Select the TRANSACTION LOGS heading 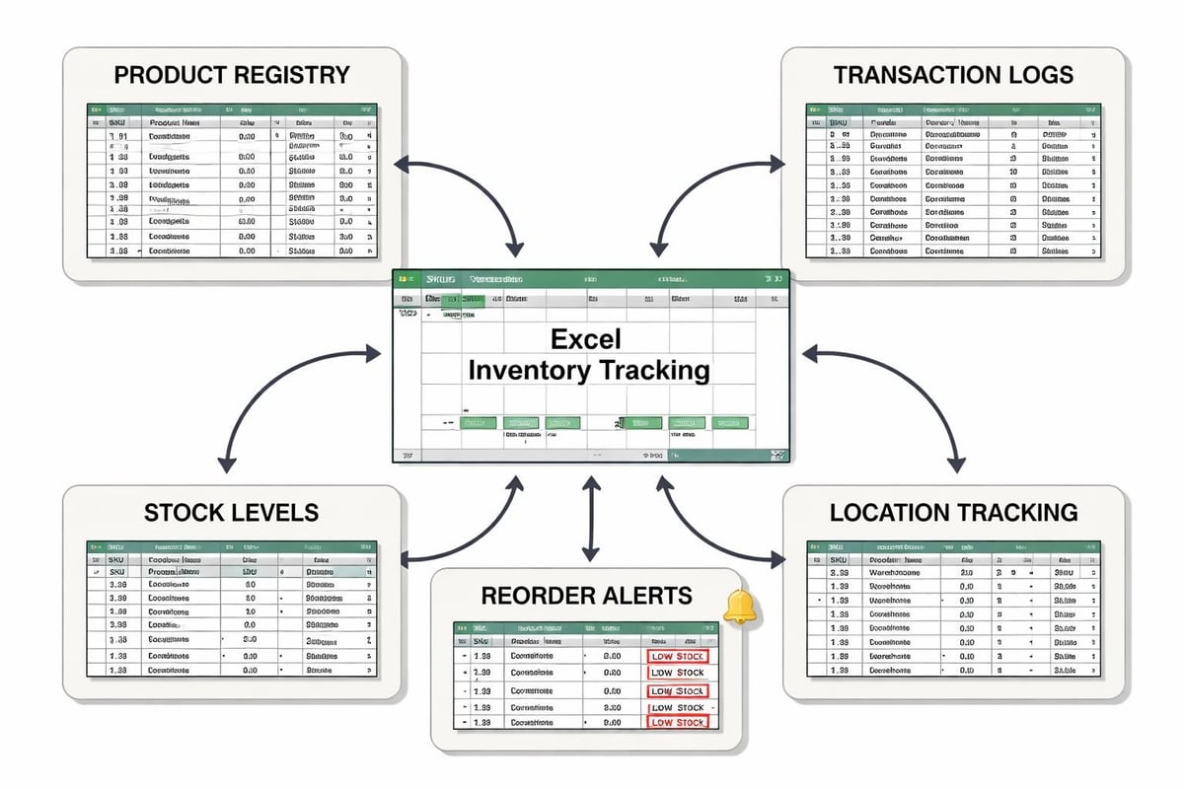[x=953, y=75]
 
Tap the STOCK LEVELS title [x=231, y=513]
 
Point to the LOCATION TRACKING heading [x=953, y=513]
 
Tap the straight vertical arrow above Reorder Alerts [x=590, y=518]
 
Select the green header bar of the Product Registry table [x=232, y=111]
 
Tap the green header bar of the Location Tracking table [x=952, y=545]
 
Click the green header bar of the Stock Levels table [x=232, y=545]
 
